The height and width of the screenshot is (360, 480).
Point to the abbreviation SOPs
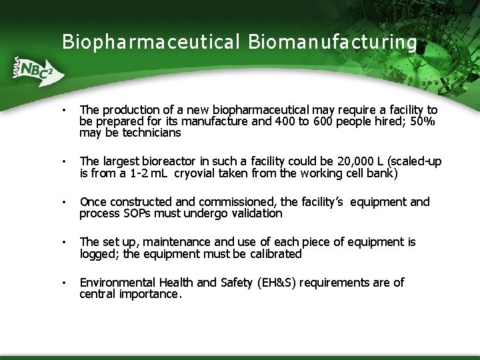(139, 214)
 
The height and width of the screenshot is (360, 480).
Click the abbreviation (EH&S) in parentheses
(276, 283)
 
